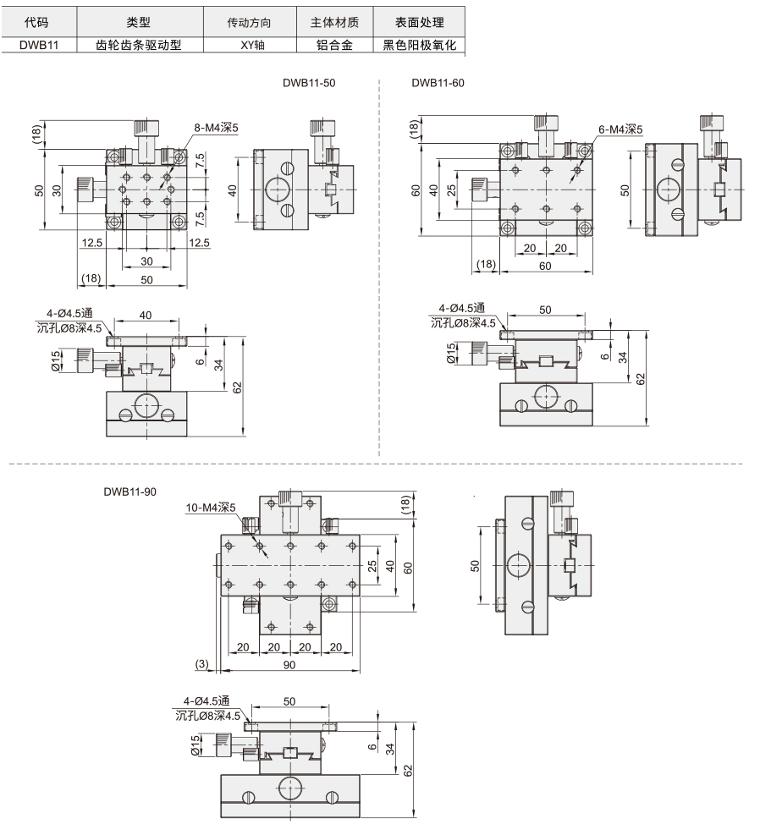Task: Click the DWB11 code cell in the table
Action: pyautogui.click(x=39, y=45)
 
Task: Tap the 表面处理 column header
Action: pyautogui.click(x=420, y=23)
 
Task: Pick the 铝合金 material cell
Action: pyautogui.click(x=334, y=45)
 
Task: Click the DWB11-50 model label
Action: pyautogui.click(x=309, y=83)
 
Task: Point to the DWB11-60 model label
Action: pyautogui.click(x=438, y=83)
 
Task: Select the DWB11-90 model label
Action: pyautogui.click(x=129, y=492)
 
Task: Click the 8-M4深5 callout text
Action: pyautogui.click(x=216, y=127)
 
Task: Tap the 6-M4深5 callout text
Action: pyautogui.click(x=620, y=129)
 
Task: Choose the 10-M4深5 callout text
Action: pyautogui.click(x=211, y=508)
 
